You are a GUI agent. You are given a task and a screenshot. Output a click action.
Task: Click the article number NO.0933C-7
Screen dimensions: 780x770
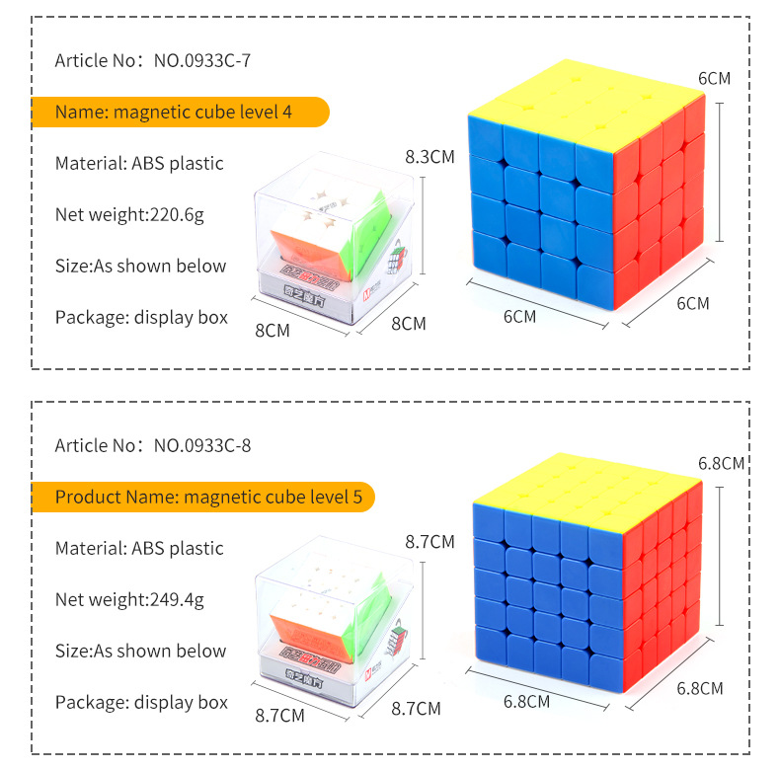coord(202,60)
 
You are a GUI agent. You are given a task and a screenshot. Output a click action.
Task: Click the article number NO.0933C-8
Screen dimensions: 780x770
coord(202,445)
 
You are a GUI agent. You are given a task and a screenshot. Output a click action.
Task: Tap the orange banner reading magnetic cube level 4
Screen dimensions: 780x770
coord(180,112)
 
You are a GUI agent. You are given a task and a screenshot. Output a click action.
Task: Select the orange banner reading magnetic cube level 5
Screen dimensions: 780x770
coord(203,497)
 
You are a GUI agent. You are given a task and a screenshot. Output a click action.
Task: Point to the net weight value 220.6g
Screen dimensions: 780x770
coord(177,215)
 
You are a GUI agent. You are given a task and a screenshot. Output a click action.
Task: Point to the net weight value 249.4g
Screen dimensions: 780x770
coord(177,600)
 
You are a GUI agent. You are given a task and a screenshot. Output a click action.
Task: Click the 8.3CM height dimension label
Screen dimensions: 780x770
coord(429,157)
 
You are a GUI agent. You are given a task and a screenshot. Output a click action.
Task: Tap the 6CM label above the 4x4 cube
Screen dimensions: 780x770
coord(714,79)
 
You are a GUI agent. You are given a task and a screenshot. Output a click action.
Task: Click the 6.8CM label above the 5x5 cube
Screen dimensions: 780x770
coord(721,464)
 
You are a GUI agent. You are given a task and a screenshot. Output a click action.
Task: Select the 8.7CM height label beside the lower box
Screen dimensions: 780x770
coord(429,542)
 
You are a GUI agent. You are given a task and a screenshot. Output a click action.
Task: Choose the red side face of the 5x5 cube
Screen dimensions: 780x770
coord(662,587)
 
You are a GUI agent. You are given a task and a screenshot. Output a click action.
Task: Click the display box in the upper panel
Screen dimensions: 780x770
coord(335,238)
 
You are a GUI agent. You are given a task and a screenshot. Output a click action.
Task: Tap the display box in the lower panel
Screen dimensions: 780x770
coord(335,622)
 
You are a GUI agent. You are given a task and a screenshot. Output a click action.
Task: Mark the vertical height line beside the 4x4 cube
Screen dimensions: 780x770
coord(720,172)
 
